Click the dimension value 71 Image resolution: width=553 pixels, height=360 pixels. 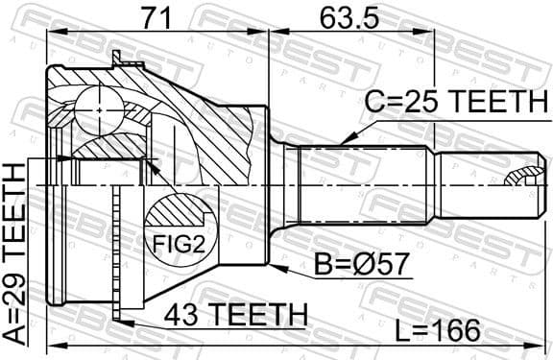[x=157, y=16]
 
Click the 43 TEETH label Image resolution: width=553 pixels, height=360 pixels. [x=234, y=314]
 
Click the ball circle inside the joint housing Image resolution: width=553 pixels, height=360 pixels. [x=99, y=110]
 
